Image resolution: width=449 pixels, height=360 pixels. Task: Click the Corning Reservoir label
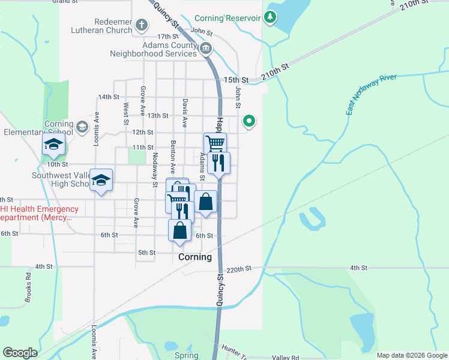point(227,19)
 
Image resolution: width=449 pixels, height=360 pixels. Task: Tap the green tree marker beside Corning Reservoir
point(270,17)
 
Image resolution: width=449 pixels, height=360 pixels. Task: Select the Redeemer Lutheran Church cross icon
point(142,25)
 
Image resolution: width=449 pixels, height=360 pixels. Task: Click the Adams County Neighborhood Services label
point(153,49)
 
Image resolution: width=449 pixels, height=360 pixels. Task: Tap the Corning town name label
point(195,257)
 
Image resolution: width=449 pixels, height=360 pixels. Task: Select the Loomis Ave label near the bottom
point(94,342)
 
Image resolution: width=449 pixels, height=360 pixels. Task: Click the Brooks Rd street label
point(28,287)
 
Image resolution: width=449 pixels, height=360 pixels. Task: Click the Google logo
point(20,353)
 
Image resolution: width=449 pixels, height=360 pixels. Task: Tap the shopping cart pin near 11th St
point(215,143)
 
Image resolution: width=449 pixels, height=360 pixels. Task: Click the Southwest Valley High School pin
point(101,180)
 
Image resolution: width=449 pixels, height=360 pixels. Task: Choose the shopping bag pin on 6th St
point(179,230)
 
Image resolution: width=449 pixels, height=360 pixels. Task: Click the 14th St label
point(109,97)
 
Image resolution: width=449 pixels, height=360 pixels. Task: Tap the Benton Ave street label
point(172,157)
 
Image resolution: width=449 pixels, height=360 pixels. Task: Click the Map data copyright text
point(412,355)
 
